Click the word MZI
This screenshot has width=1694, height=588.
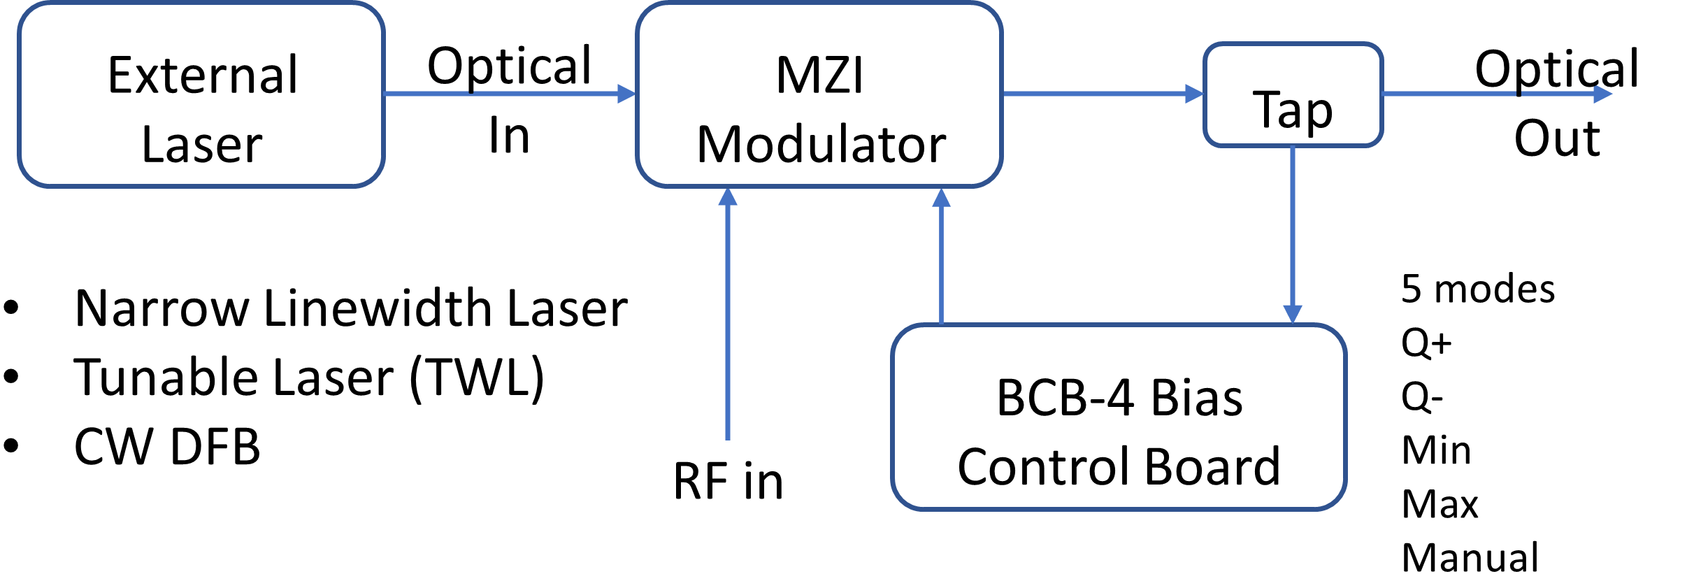tap(819, 75)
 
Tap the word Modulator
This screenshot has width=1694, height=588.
tap(821, 145)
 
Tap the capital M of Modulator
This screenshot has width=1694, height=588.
tap(717, 145)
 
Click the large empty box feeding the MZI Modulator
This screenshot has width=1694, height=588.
tap(201, 94)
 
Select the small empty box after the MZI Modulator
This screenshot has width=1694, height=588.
tap(1293, 94)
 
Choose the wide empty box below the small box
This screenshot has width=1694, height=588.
tap(1119, 417)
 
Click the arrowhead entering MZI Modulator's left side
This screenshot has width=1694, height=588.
tap(627, 94)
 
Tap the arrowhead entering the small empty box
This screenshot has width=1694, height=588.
tap(1194, 94)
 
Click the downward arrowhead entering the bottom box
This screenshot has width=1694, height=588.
tap(1292, 314)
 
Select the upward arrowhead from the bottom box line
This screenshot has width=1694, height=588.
tap(942, 199)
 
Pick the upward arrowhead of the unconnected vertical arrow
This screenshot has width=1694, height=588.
tap(728, 198)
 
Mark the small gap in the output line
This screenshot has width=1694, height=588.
tap(1519, 94)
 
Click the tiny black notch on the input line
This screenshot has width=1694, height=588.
tap(471, 92)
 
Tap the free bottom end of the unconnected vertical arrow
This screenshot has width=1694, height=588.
tap(728, 438)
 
